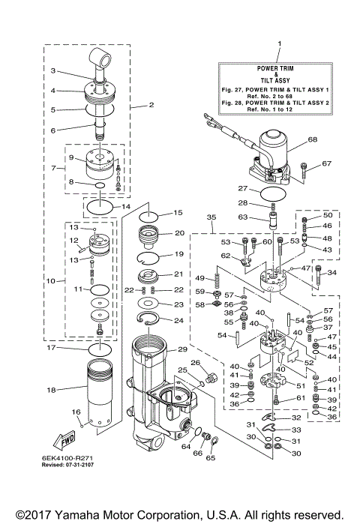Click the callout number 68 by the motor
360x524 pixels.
pyautogui.click(x=292, y=139)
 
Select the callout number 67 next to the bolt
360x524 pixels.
pyautogui.click(x=326, y=163)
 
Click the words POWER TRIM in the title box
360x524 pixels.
pyautogui.click(x=278, y=68)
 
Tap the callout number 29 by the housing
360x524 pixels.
pyautogui.click(x=183, y=350)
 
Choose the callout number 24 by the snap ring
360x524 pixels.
pyautogui.click(x=178, y=321)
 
